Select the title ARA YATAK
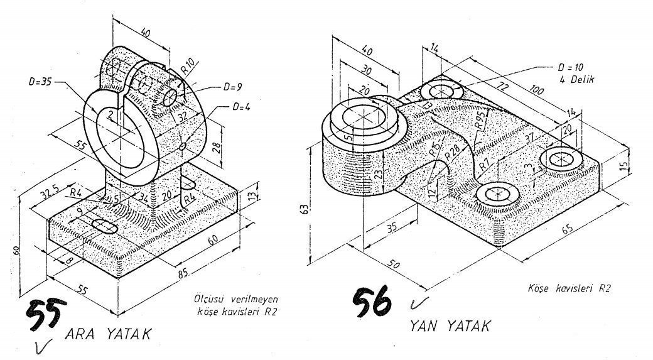point(108,334)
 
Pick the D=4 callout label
point(241,107)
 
